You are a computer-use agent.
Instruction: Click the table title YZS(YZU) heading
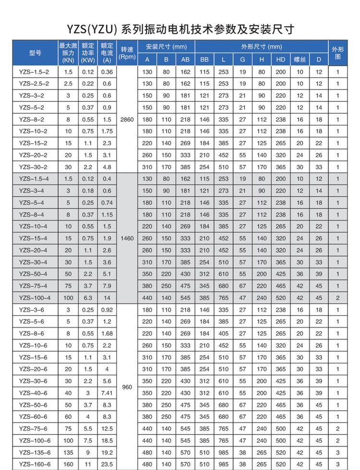(180, 29)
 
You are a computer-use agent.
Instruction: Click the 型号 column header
(35, 53)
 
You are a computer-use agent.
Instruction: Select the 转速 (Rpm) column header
(127, 53)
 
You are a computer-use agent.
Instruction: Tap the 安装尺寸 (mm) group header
(166, 47)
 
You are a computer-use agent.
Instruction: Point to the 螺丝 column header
(300, 59)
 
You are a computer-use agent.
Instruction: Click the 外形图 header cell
(337, 53)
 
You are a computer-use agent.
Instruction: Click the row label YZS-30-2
(34, 167)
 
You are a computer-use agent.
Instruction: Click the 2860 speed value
(127, 119)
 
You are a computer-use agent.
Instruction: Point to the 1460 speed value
(127, 238)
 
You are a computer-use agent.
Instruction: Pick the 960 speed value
(127, 387)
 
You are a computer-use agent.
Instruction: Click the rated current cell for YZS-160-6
(107, 464)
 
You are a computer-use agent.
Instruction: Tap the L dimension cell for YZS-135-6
(224, 452)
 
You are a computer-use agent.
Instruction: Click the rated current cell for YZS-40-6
(107, 393)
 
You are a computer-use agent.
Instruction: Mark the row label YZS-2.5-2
(34, 83)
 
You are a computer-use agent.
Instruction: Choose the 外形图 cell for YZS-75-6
(337, 428)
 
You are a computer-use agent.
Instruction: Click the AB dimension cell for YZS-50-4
(185, 274)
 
